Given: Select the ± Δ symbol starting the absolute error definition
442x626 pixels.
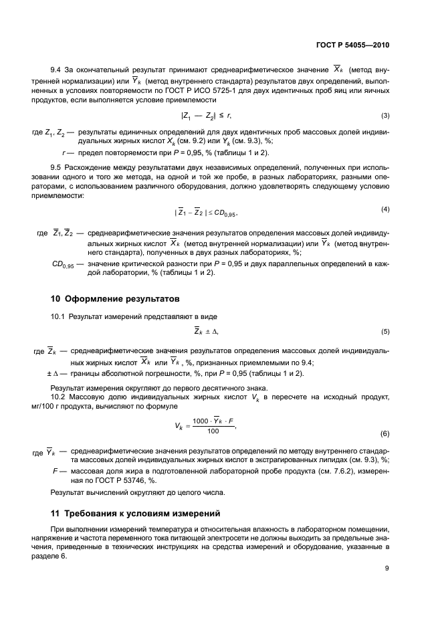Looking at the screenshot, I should point(53,373).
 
